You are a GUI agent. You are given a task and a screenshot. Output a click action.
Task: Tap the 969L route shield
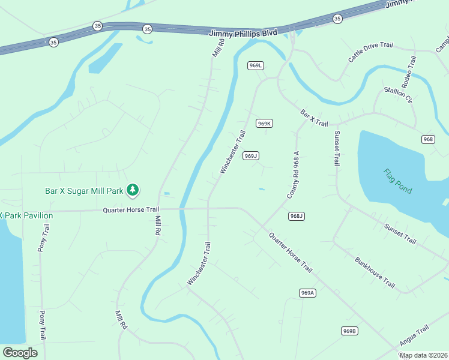[256, 65]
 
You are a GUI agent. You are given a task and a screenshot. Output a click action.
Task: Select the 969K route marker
[264, 124]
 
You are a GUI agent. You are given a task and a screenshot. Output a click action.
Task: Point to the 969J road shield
[251, 156]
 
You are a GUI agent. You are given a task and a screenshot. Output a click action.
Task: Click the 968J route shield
[297, 216]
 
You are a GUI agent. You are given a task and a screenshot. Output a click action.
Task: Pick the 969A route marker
[307, 293]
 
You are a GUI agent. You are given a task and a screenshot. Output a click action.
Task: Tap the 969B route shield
[349, 331]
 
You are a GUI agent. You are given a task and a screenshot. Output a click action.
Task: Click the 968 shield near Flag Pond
[428, 139]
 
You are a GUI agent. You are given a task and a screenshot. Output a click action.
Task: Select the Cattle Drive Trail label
[370, 52]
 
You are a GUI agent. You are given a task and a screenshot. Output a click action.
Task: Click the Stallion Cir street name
[398, 94]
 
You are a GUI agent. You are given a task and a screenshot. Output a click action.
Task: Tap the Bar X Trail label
[314, 118]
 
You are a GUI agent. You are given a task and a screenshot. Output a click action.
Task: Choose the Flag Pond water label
[397, 181]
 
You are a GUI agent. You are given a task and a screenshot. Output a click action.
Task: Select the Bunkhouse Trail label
[375, 272]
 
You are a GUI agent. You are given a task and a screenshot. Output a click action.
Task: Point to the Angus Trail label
[415, 336]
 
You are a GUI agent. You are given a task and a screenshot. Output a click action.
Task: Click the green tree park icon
[133, 191]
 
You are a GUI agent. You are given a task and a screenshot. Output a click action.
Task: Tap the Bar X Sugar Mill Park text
[83, 191]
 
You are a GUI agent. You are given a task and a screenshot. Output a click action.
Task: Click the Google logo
[20, 353]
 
